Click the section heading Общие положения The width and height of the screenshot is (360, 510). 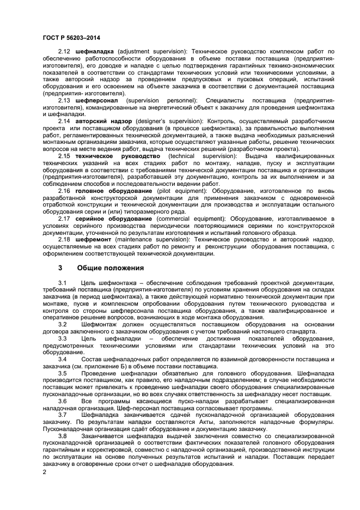tap(110, 268)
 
